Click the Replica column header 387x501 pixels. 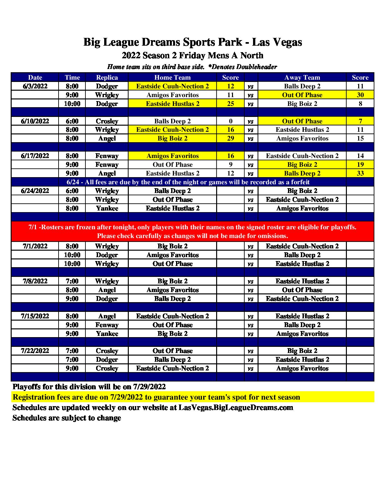(x=107, y=77)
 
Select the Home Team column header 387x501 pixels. (x=172, y=77)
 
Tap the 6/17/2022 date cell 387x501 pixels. (x=35, y=156)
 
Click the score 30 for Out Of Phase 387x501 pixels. (x=360, y=95)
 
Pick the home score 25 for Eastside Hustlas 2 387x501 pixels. (x=230, y=104)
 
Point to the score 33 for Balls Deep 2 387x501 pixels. (x=360, y=173)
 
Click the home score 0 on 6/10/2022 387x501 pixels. (x=230, y=121)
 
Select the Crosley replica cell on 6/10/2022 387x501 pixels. (x=107, y=121)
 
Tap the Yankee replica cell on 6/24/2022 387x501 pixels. (x=107, y=208)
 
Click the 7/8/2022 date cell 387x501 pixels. (x=35, y=281)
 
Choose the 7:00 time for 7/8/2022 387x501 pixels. (x=72, y=281)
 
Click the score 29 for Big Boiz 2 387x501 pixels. (x=230, y=138)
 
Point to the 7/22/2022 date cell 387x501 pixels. (x=35, y=351)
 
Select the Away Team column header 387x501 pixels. (x=302, y=77)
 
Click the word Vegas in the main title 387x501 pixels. (x=286, y=42)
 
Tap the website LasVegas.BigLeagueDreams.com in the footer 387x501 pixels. (x=236, y=407)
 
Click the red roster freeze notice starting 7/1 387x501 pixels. (x=193, y=231)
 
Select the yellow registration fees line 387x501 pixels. (x=156, y=397)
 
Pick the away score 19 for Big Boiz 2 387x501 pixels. (x=360, y=165)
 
